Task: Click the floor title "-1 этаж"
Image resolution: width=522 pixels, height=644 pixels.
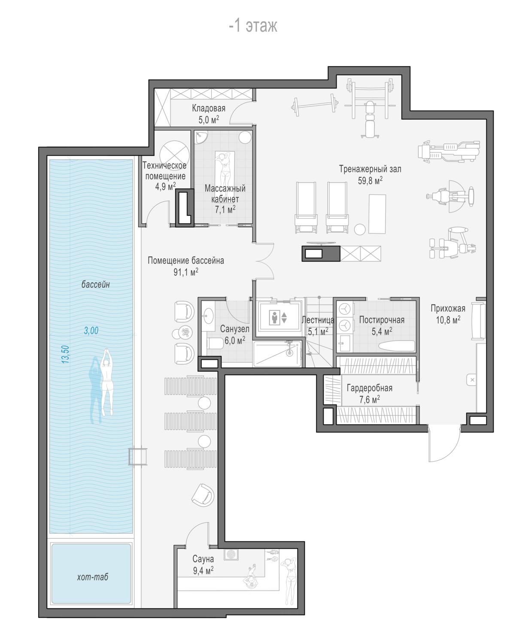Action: coord(253,26)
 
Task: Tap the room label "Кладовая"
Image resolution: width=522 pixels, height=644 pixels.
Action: coord(209,108)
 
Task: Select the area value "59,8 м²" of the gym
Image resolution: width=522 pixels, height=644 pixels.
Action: coord(370,180)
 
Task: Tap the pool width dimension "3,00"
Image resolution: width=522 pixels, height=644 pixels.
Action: coord(91,331)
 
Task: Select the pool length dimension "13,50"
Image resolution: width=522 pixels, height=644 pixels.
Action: coord(65,354)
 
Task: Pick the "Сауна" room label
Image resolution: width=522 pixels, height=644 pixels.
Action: coord(203,559)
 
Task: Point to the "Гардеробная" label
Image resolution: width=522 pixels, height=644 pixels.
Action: coord(369,388)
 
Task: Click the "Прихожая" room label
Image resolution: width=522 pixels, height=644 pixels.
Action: coord(448,308)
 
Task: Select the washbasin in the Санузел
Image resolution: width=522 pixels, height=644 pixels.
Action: coord(208,316)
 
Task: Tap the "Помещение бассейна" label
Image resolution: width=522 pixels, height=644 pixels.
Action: coord(185,260)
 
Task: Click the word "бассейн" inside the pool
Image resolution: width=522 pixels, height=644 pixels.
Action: coord(95,284)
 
